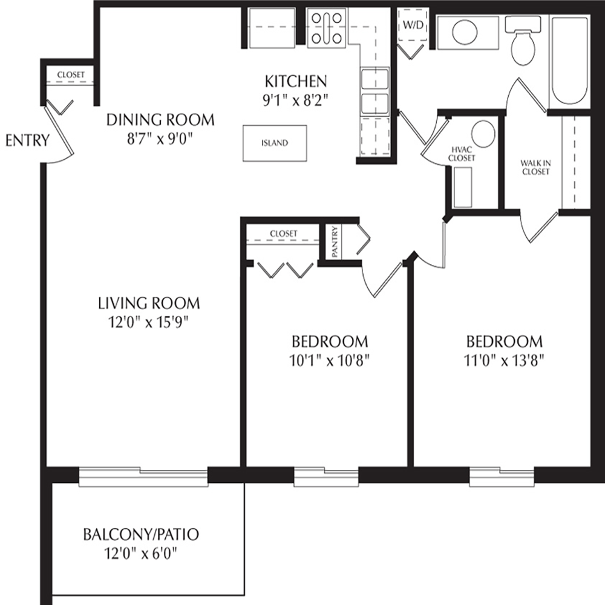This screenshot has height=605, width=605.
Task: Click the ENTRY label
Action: (x=27, y=140)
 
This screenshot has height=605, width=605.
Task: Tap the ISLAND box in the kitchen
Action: (x=275, y=143)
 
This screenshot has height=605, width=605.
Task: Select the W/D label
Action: (x=413, y=25)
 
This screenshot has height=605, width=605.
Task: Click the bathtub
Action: (x=569, y=62)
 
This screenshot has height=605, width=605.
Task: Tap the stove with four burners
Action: (x=327, y=28)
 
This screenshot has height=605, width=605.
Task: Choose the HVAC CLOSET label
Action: (x=462, y=154)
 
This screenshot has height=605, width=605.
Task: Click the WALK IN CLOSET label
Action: (x=535, y=168)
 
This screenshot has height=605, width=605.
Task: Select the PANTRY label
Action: (x=335, y=242)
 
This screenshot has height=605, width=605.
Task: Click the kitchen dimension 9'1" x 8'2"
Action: (x=296, y=101)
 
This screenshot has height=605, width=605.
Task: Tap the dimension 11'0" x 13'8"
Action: (x=504, y=361)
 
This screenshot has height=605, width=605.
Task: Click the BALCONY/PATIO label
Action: (x=141, y=534)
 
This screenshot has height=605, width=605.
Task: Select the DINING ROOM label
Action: (x=160, y=120)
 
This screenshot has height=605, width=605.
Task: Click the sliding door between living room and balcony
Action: (x=143, y=477)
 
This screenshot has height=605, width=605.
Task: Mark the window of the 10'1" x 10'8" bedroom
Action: (x=327, y=477)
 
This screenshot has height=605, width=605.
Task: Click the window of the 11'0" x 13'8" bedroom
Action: (x=502, y=477)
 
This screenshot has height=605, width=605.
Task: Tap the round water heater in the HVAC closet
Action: (x=483, y=134)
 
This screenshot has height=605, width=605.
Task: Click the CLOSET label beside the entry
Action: (x=71, y=75)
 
